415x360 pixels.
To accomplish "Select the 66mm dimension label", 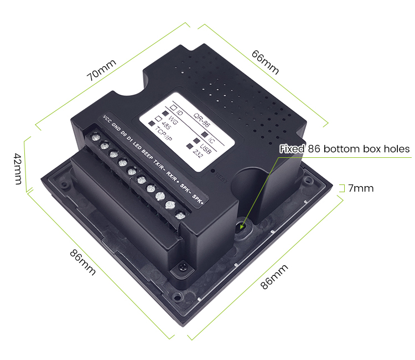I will (x=265, y=63).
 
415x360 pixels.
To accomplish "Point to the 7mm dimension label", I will (x=361, y=188).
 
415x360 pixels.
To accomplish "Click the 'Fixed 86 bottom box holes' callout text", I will (x=344, y=149).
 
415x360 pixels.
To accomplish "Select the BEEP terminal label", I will (x=147, y=153).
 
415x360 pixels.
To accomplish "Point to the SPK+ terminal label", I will (x=199, y=198).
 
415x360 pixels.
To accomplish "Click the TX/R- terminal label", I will (x=159, y=163).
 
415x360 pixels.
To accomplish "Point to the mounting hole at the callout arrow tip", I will (x=242, y=227).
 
